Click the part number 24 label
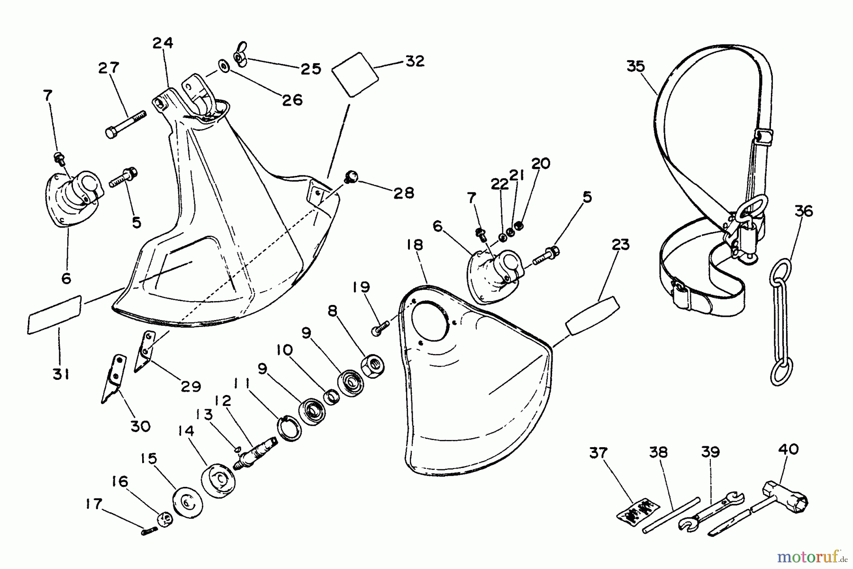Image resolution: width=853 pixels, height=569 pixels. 163,43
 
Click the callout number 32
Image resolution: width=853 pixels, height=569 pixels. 415,61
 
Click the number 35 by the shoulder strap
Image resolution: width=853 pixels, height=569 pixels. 635,66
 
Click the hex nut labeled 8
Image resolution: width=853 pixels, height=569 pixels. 372,365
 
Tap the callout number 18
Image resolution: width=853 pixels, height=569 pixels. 414,245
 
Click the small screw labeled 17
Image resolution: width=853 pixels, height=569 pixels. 149,531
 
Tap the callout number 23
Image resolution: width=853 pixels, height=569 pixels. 620,245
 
